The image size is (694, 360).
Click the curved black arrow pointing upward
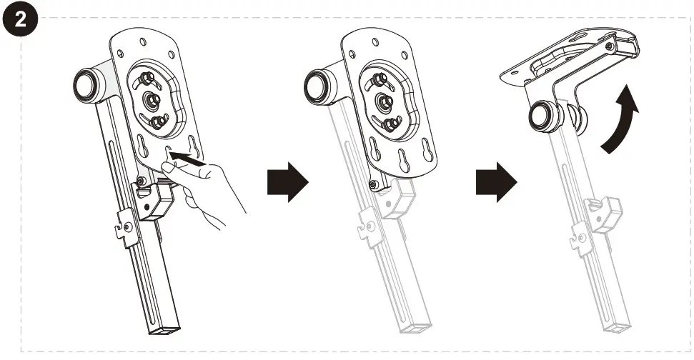pos(619,119)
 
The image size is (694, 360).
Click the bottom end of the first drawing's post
pos(163,329)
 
